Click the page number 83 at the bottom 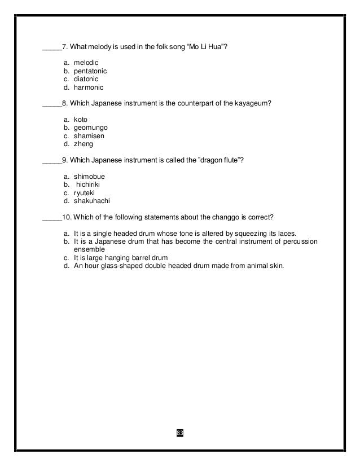click(180, 433)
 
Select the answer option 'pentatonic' click(90, 72)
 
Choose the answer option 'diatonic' click(86, 80)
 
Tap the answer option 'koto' click(81, 120)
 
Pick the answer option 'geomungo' click(90, 128)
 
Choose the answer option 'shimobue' click(89, 177)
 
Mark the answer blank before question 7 click(52, 49)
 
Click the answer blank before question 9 click(52, 161)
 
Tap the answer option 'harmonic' click(89, 87)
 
